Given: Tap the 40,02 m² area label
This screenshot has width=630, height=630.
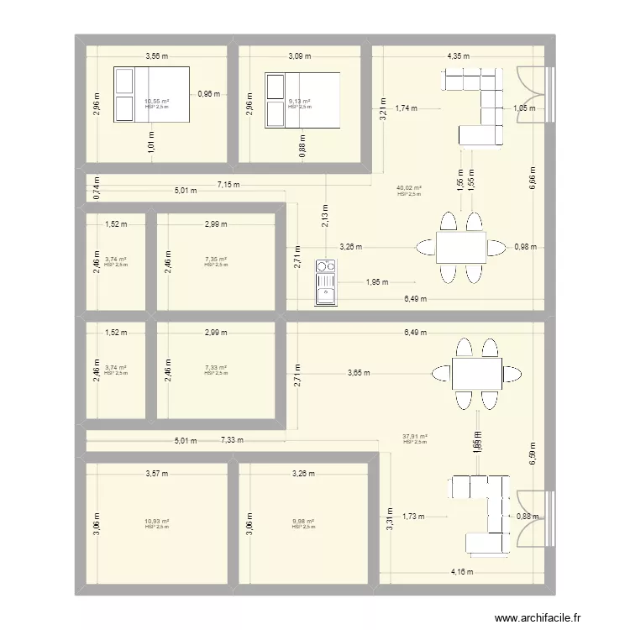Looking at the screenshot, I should click(x=410, y=188).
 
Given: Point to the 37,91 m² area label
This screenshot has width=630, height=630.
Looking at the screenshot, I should click(x=415, y=436).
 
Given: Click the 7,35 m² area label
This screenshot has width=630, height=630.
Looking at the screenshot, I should click(x=216, y=260).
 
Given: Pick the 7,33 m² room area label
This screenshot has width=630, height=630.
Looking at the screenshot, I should click(x=216, y=367).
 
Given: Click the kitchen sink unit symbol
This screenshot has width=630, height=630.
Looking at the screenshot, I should click(x=324, y=282).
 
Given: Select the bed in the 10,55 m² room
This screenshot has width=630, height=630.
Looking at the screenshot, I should click(x=152, y=94).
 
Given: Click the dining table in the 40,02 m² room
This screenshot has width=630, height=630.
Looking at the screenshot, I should click(x=460, y=247).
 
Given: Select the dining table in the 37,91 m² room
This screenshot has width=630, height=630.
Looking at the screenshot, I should click(x=476, y=374).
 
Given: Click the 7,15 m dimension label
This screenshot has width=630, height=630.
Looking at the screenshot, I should click(x=228, y=184).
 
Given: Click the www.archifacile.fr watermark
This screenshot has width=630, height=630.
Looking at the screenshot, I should click(x=538, y=618).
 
